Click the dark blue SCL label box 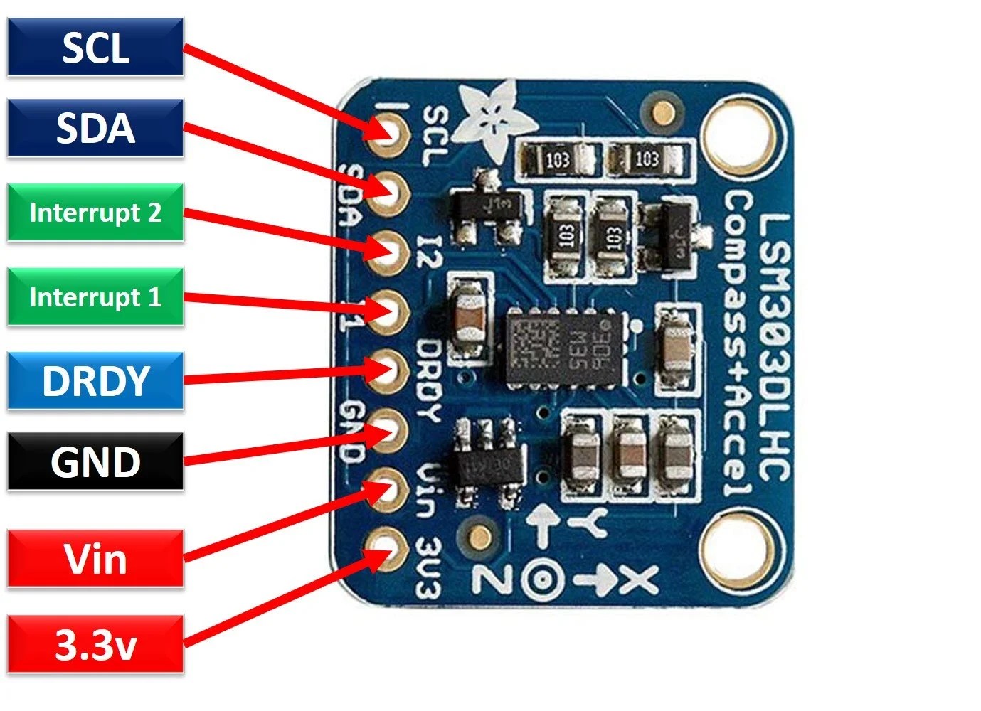(x=95, y=48)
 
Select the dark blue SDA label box (x=95, y=128)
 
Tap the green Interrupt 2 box (x=95, y=213)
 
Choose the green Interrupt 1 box (x=95, y=296)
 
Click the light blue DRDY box (x=95, y=380)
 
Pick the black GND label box (x=95, y=462)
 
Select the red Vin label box (x=95, y=559)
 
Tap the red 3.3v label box (x=95, y=645)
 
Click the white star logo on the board (x=488, y=117)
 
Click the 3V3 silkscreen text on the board (x=429, y=567)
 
